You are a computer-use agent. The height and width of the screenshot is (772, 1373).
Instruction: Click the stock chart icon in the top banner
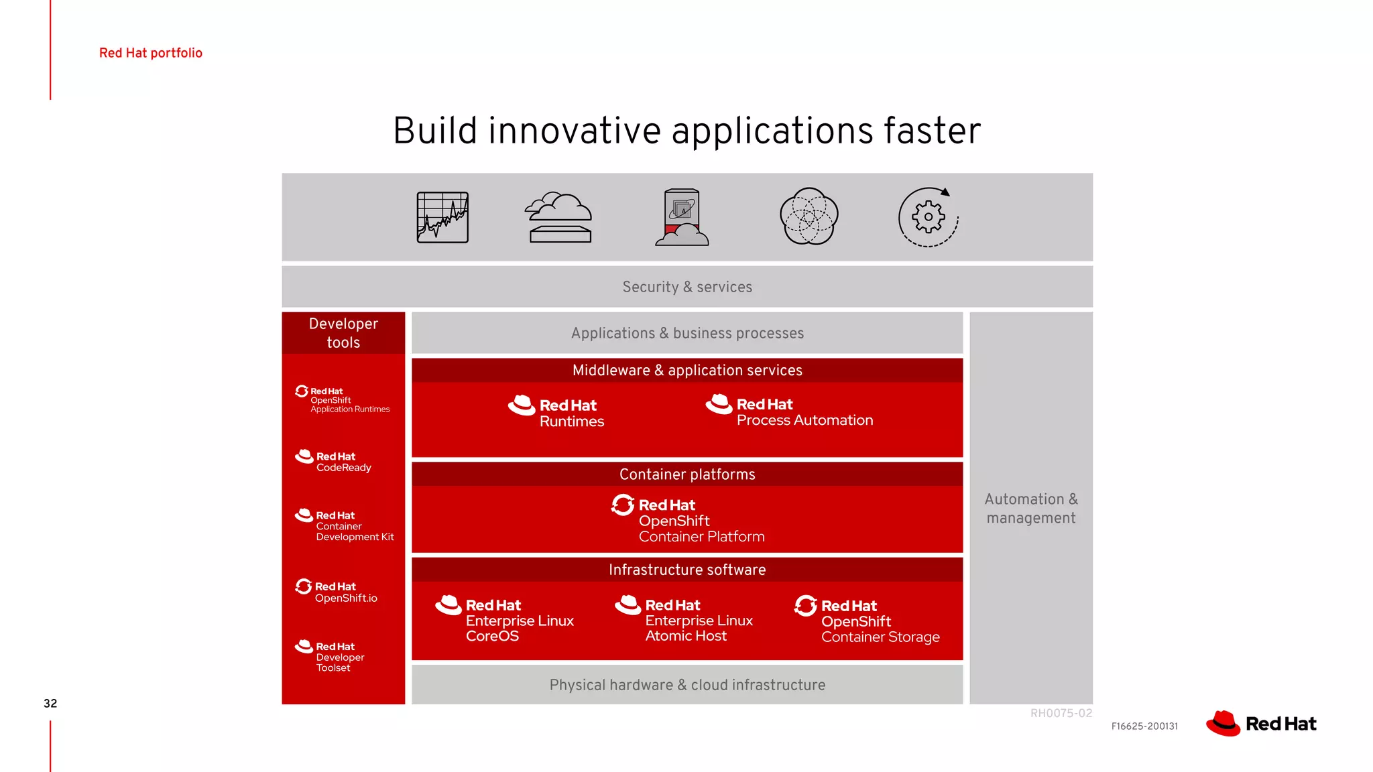tap(442, 217)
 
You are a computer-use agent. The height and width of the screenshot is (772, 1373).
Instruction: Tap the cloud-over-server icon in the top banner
tap(558, 217)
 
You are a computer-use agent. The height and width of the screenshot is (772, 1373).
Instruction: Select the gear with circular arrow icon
tap(929, 217)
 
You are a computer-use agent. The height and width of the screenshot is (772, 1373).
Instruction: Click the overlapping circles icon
tap(809, 216)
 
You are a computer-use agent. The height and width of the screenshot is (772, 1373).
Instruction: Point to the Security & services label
tap(687, 287)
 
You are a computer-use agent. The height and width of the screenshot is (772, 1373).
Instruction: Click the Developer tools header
tap(343, 333)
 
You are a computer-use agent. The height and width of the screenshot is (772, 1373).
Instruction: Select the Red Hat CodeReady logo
tap(334, 461)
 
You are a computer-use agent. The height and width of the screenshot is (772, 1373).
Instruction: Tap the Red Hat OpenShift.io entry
tap(337, 591)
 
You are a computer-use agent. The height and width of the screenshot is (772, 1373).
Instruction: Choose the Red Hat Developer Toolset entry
tap(331, 656)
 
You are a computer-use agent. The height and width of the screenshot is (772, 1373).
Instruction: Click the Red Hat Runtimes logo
tap(556, 411)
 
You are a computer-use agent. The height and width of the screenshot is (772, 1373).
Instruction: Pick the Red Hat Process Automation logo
tap(790, 411)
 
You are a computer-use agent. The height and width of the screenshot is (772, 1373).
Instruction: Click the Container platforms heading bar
tap(687, 474)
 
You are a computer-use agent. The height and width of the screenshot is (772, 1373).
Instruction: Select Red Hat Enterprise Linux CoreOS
tap(506, 620)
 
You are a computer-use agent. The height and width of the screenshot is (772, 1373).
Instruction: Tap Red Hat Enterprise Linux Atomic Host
tap(685, 620)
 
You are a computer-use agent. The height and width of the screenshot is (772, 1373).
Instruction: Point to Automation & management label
tap(1031, 509)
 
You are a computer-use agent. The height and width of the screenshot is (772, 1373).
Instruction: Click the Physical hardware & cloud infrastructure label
tap(687, 685)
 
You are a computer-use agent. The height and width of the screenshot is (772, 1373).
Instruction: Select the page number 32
tap(50, 703)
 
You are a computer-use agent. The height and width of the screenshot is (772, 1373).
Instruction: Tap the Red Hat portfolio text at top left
tap(151, 53)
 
